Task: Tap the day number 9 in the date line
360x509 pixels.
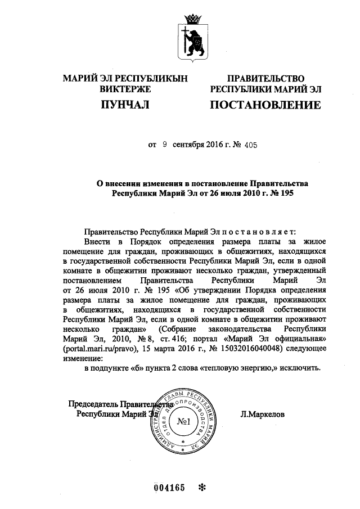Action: (165, 145)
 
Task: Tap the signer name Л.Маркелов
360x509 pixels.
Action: (262, 414)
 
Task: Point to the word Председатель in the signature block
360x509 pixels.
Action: (92, 404)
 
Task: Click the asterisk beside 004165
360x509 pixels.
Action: (203, 488)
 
